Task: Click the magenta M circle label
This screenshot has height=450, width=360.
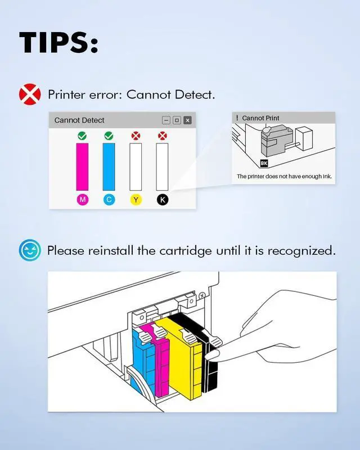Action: tap(82, 200)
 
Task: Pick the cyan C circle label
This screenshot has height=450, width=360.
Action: tap(109, 200)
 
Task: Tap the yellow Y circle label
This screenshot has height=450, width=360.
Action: tap(136, 200)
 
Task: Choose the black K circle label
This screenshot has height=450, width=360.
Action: tap(163, 200)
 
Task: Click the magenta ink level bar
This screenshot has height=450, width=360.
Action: tap(82, 166)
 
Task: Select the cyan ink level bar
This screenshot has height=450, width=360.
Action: tap(109, 166)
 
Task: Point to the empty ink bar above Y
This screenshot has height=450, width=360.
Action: tap(136, 166)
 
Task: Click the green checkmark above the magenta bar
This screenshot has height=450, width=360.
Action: tap(82, 136)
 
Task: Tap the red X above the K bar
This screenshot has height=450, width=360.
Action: tap(163, 136)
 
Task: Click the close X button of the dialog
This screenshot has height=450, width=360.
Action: tap(187, 120)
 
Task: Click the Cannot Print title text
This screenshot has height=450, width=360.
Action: tap(260, 118)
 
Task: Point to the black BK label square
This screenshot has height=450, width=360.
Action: tap(264, 164)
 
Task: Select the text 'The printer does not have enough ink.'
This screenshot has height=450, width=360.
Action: tap(284, 177)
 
